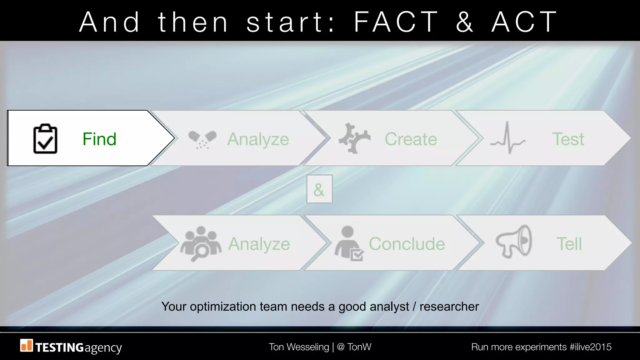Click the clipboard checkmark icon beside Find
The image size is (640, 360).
[45, 139]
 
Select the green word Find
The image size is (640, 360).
[99, 139]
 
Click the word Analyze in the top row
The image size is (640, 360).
[258, 139]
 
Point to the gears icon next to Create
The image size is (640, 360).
[354, 138]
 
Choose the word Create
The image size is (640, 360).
[411, 139]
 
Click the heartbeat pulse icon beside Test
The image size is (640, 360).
[507, 138]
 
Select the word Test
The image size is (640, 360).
[568, 139]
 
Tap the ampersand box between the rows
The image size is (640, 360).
[319, 189]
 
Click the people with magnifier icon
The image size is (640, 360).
[201, 243]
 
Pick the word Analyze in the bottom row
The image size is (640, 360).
[259, 244]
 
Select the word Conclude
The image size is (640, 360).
[407, 244]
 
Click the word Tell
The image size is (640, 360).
[569, 244]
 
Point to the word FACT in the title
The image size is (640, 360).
[396, 22]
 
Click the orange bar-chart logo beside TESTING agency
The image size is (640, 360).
[26, 345]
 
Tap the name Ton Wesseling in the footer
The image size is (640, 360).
[299, 347]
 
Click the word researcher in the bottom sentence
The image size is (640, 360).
[449, 307]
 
